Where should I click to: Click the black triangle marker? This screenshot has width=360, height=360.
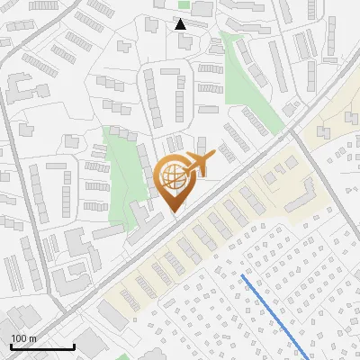click(181, 24)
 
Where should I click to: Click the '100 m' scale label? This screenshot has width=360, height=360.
click(23, 338)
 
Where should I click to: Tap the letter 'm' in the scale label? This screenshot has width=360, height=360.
click(32, 338)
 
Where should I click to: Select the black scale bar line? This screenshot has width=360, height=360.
click(42, 347)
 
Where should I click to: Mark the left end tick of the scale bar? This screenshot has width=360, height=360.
click(11, 346)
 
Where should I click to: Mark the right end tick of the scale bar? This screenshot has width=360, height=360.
click(74, 346)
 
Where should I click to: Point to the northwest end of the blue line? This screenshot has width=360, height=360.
click(243, 276)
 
